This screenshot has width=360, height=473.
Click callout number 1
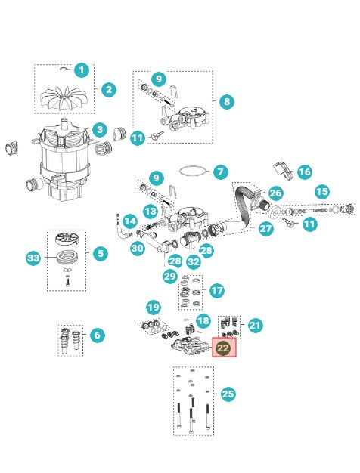(x=82, y=70)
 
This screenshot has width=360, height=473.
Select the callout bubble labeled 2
(x=109, y=90)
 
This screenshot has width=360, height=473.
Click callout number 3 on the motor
(x=99, y=130)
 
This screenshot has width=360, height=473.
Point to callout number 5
(x=101, y=253)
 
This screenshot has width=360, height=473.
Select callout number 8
(x=227, y=101)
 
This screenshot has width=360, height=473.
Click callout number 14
(x=130, y=221)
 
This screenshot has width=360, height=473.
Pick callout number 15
(x=321, y=191)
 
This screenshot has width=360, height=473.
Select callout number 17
(x=217, y=290)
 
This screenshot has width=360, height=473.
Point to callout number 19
(x=154, y=307)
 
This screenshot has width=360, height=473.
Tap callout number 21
(x=255, y=325)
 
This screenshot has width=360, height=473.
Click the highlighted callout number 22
(x=223, y=348)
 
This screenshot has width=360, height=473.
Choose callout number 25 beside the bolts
(x=228, y=394)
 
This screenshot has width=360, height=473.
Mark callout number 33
(x=33, y=258)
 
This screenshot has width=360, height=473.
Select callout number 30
(x=137, y=248)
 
